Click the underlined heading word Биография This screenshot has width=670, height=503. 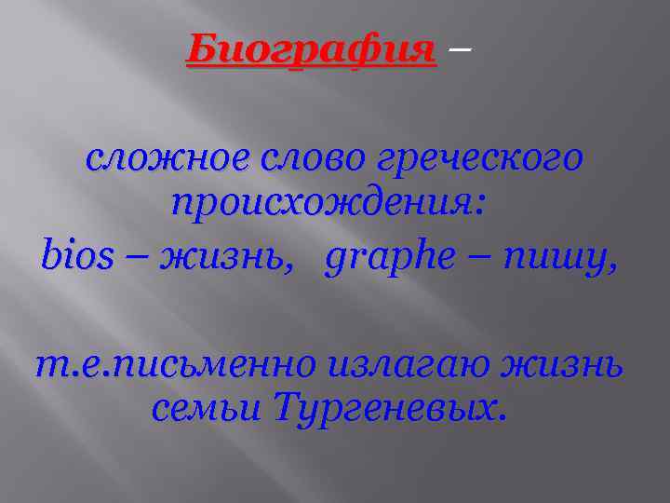click(x=311, y=48)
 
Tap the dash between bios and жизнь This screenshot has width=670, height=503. click(x=136, y=253)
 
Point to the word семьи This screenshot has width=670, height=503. click(x=206, y=407)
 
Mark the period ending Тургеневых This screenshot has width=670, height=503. click(x=503, y=417)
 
